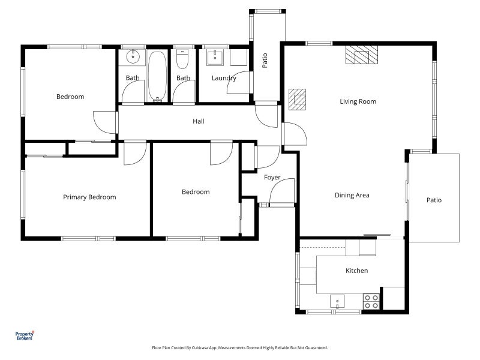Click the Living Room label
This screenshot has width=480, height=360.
coord(358,101)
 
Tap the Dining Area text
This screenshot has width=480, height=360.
coord(352,195)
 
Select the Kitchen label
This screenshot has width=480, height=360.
coord(356,271)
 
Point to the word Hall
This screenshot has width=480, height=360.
coord(199,121)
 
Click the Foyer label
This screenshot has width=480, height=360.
coord(272,177)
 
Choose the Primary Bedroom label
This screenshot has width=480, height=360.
coord(89,197)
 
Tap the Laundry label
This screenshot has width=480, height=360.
coord(224,78)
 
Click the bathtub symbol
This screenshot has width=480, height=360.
coord(158,76)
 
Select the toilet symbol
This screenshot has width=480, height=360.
coord(183,59)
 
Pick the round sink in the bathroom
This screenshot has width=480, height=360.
coord(133,58)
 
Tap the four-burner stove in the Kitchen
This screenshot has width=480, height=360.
coord(371,301)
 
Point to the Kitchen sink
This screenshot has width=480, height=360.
coord(338,301)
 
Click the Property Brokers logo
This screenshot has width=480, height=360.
coord(24,336)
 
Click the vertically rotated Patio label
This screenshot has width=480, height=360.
coord(265,61)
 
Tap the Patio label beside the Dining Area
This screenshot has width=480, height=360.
coord(434,200)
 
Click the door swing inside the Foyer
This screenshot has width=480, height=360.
coord(282,192)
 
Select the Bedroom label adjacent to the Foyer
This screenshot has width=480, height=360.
coord(196,192)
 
